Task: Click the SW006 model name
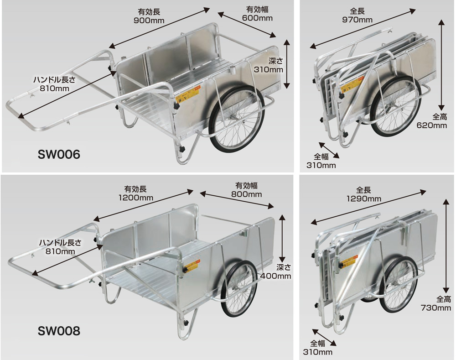(x=59, y=155)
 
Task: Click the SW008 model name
(x=59, y=331)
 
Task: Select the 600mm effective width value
(x=258, y=18)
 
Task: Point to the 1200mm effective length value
(x=136, y=198)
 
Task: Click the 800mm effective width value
(x=247, y=194)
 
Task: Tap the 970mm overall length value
(x=358, y=20)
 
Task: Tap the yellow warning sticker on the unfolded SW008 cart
(x=192, y=266)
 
